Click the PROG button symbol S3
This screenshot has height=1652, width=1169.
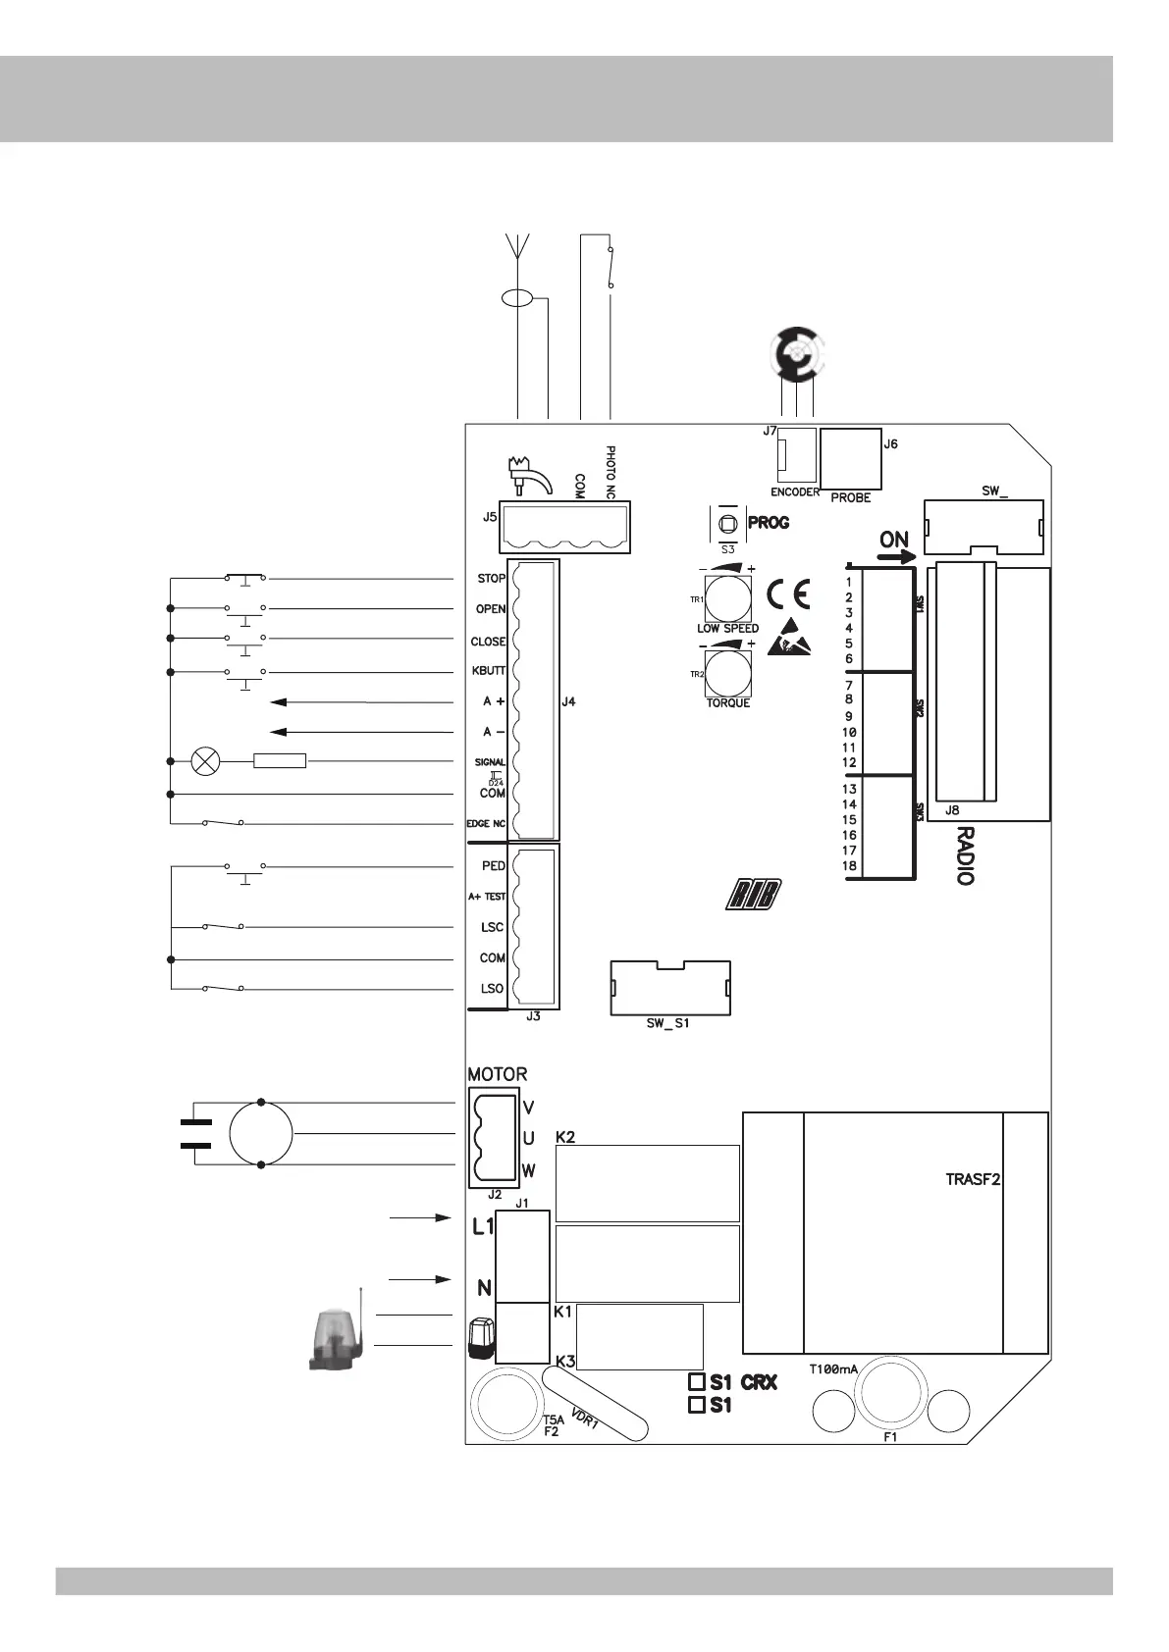(x=727, y=525)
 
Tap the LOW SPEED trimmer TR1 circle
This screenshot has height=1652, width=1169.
(x=728, y=598)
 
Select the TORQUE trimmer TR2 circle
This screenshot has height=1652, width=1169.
(x=728, y=673)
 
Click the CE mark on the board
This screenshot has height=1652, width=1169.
(x=788, y=594)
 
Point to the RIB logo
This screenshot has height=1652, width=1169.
(x=754, y=895)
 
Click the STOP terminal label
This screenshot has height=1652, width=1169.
(x=492, y=578)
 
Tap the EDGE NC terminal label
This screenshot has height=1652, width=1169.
(x=486, y=824)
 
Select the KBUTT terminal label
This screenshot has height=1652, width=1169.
(x=489, y=671)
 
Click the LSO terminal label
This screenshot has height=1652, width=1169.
(x=493, y=988)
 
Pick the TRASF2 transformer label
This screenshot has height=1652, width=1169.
(x=973, y=1179)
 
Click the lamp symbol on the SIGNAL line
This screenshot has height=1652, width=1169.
(x=205, y=761)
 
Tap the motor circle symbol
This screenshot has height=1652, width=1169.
(x=261, y=1133)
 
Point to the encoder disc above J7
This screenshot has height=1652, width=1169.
(x=797, y=355)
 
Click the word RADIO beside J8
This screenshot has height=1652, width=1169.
(x=965, y=855)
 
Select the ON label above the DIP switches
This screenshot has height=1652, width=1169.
(x=894, y=540)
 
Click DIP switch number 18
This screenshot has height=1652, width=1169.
(x=849, y=866)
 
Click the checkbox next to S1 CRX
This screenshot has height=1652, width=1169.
(x=696, y=1380)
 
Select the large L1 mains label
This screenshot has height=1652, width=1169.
(x=483, y=1226)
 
